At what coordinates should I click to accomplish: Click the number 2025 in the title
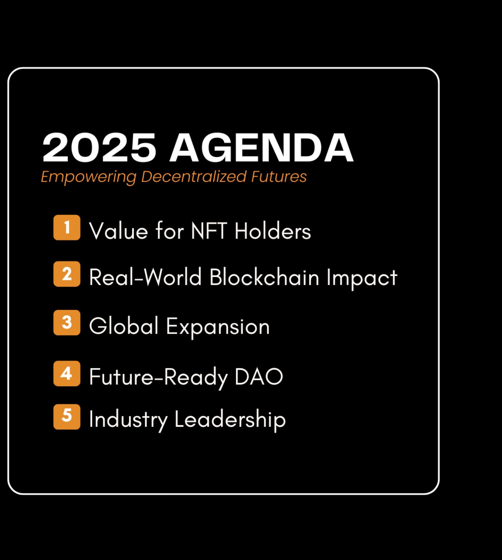click(99, 147)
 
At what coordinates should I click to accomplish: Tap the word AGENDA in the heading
click(261, 147)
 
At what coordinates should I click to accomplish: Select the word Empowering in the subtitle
click(89, 177)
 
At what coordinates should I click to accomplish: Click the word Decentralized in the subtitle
click(194, 176)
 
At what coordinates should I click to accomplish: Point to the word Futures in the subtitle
click(279, 176)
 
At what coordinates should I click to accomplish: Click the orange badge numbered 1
click(67, 228)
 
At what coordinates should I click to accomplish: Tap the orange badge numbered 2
click(67, 274)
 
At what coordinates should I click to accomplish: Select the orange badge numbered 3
click(67, 323)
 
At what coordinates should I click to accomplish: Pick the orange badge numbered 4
click(67, 373)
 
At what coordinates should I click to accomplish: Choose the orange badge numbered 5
click(67, 416)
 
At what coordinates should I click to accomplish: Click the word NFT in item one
click(209, 231)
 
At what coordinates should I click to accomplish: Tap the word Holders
click(273, 230)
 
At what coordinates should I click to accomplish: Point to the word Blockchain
click(264, 277)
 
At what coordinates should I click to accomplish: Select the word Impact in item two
click(362, 279)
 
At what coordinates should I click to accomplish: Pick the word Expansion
click(218, 327)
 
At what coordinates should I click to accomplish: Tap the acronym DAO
click(259, 377)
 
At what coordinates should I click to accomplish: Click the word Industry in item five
click(128, 420)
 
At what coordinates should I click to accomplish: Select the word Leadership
click(230, 420)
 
